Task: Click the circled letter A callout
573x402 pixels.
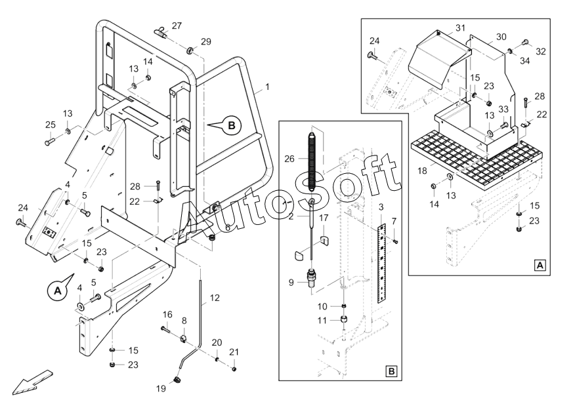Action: (56, 289)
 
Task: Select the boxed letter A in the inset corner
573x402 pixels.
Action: (540, 266)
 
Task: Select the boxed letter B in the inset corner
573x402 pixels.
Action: (391, 371)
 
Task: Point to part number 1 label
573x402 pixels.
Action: (267, 86)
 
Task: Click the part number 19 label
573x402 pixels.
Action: (161, 388)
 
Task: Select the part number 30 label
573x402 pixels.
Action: (501, 37)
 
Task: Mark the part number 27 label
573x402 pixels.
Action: (177, 26)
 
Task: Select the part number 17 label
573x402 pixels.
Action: (324, 218)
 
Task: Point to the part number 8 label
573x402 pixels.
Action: (184, 321)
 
